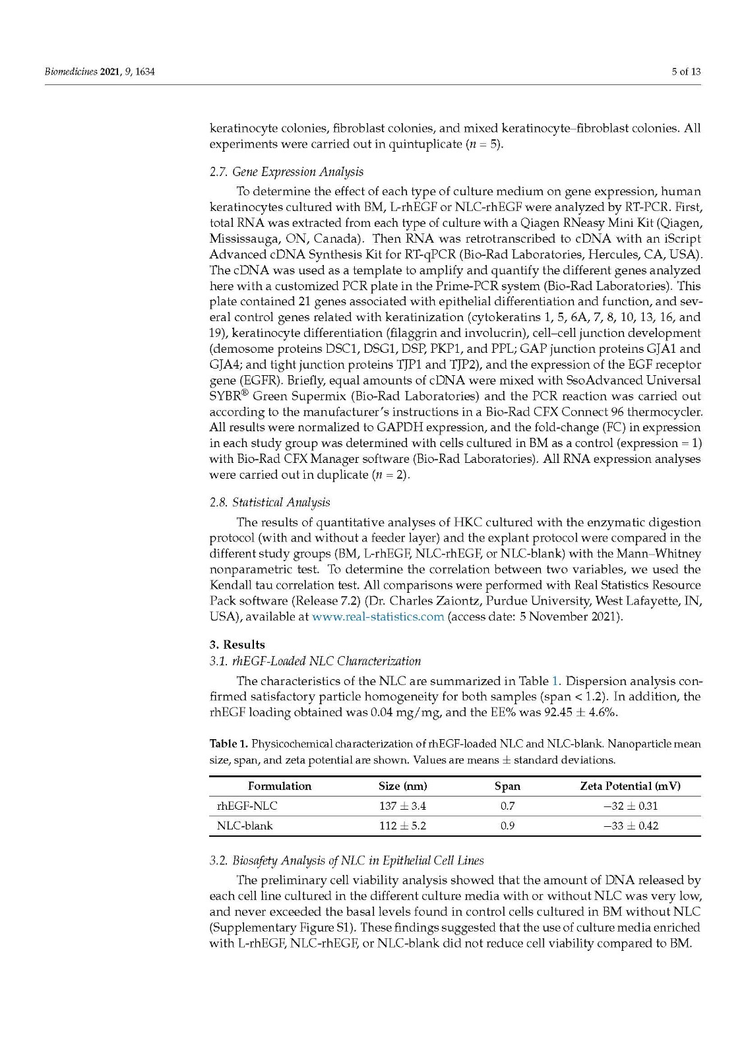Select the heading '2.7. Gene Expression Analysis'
click(286, 171)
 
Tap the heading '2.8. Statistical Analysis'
click(270, 502)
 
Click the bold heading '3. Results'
click(237, 644)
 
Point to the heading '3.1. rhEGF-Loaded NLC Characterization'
click(315, 661)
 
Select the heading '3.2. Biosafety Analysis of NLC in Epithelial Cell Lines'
click(346, 860)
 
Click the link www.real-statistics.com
click(377, 617)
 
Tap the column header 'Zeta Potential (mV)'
click(630, 786)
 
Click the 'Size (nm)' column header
click(402, 786)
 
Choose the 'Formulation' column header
click(280, 786)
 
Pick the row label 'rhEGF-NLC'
click(247, 806)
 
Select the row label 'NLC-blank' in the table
click(245, 826)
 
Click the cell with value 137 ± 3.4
click(402, 806)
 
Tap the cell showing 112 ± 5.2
click(402, 826)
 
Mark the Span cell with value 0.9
click(507, 826)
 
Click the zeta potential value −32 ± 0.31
click(630, 806)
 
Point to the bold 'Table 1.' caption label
click(229, 744)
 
